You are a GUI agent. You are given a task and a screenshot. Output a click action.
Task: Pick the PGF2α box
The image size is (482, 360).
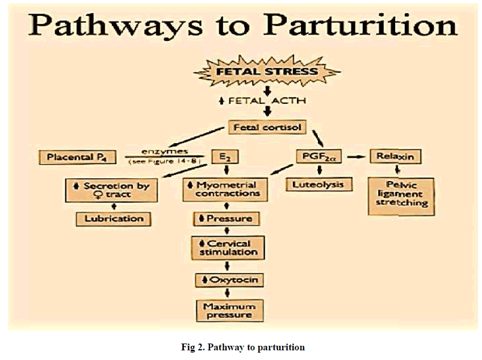click(318, 157)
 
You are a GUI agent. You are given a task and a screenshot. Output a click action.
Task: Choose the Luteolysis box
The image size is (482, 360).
click(318, 185)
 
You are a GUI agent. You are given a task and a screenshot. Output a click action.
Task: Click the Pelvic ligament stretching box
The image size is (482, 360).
click(401, 195)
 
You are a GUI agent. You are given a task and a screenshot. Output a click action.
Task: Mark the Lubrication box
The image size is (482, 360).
click(114, 218)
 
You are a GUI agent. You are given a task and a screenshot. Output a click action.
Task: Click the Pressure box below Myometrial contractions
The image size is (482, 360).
click(227, 218)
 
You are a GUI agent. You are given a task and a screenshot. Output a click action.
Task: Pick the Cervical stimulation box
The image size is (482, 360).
click(227, 248)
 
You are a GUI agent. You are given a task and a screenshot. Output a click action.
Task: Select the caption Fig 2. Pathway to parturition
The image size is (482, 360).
click(241, 347)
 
